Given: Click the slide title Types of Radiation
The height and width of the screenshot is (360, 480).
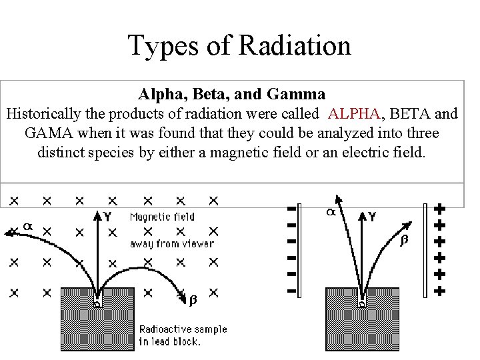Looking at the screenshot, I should coord(239,45).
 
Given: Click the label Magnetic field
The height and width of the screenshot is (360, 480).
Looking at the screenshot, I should coord(162,217).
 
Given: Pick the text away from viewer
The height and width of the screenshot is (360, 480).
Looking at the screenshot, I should coord(171,243).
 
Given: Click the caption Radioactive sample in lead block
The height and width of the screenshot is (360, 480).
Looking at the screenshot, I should coord(183,335).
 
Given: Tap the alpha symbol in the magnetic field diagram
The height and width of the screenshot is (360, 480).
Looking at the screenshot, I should coord(27,227).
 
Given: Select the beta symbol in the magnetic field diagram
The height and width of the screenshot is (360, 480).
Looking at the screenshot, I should coord(193,301).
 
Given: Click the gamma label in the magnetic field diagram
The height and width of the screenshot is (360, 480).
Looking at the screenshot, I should coord(107,216).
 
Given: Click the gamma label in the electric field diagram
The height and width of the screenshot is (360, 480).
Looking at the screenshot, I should coord(371,217).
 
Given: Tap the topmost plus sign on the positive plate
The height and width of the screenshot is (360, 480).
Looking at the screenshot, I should coord(439,209).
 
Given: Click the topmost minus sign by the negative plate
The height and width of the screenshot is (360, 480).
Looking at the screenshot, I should coord(291,209).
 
